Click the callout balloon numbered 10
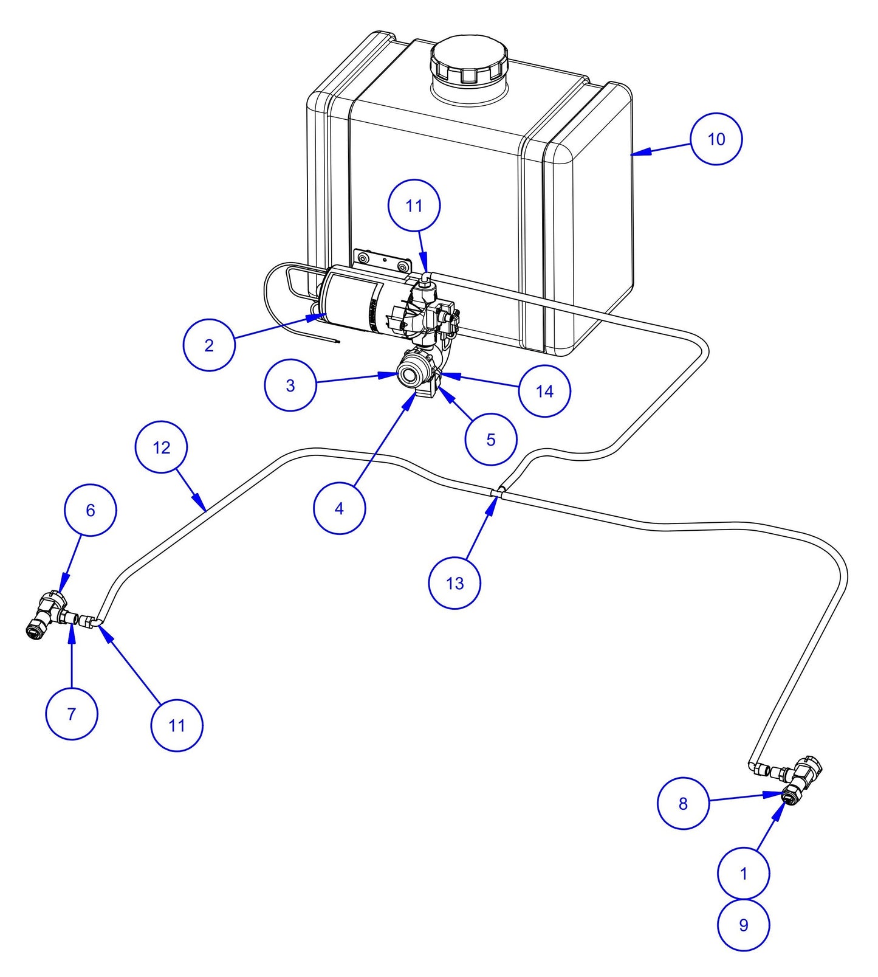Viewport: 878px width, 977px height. click(716, 139)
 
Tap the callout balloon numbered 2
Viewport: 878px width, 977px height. click(209, 345)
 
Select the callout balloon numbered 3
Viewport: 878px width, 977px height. click(290, 385)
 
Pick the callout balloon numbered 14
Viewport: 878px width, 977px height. click(544, 391)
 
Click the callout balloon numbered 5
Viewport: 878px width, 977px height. click(491, 440)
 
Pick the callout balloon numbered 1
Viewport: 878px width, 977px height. click(743, 874)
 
